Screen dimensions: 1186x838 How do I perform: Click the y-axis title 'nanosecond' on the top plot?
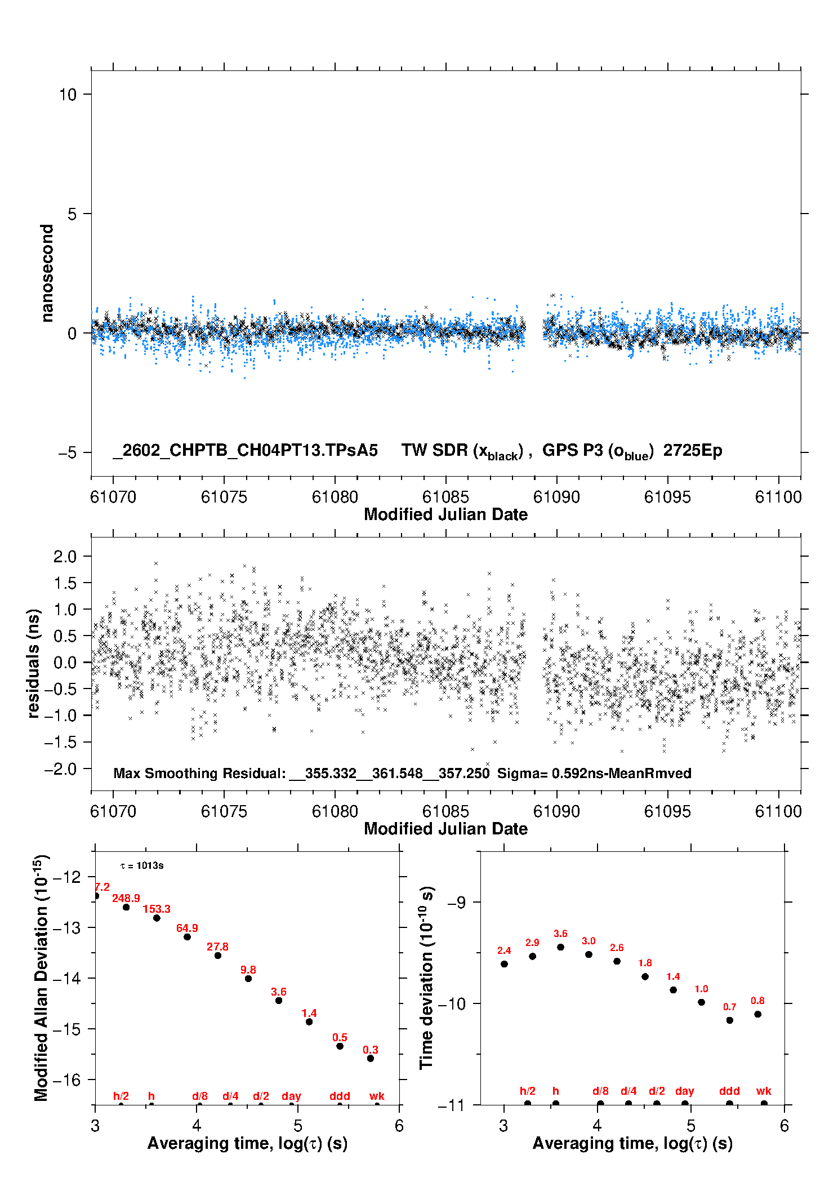pos(47,273)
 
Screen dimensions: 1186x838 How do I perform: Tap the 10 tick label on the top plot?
pos(68,95)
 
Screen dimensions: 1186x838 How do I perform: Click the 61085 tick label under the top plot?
pos(445,497)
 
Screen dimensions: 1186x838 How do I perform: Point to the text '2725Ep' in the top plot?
pos(692,451)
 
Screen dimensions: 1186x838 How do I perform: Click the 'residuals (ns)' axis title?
pos(34,663)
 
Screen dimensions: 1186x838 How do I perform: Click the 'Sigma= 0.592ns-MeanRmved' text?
pos(594,773)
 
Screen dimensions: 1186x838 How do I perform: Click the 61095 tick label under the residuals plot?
pos(667,811)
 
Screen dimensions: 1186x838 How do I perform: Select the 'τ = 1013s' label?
pos(142,865)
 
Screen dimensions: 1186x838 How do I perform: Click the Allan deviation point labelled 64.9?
pos(187,936)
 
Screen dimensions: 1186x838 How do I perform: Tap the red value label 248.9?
pos(126,898)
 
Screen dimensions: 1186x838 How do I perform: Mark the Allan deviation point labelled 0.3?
pos(371,1058)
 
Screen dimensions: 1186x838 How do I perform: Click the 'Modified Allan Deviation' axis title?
pos(41,978)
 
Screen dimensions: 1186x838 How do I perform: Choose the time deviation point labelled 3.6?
pos(560,947)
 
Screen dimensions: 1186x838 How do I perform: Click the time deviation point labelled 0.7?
pos(729,1020)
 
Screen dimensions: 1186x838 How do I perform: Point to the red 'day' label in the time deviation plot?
pos(684,1091)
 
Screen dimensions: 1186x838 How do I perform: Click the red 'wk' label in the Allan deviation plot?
pos(377,1096)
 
